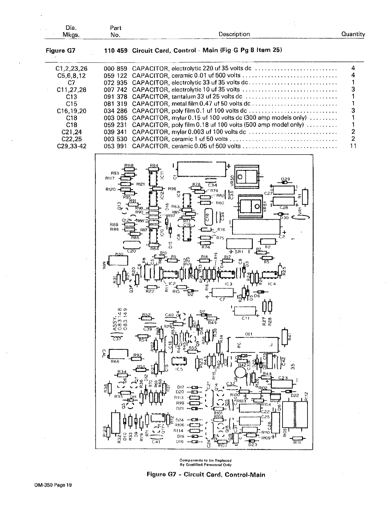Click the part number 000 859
116,68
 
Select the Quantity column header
353,34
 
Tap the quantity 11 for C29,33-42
353,146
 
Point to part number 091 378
116,97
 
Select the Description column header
234,34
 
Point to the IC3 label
228,284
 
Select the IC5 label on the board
179,369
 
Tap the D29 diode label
285,179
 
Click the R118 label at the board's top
129,165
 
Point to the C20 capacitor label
132,251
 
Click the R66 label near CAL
115,362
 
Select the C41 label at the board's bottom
156,442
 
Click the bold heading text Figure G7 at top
60,50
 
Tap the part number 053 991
116,146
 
